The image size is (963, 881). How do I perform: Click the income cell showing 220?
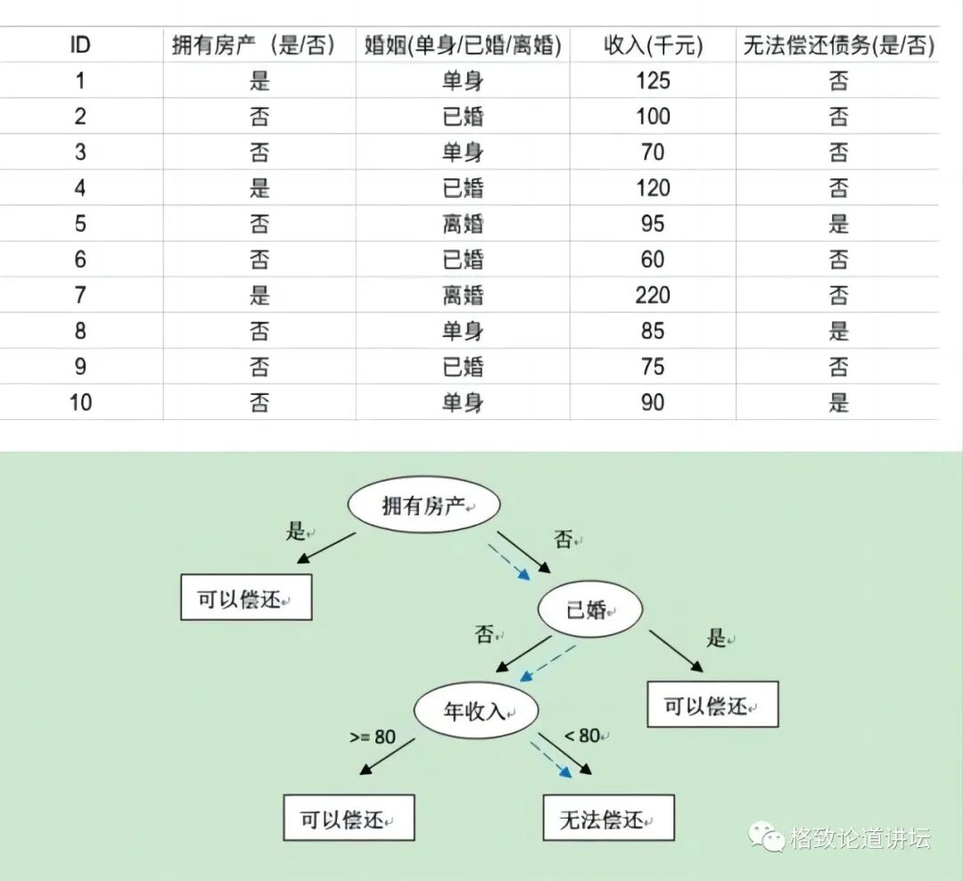[x=653, y=295]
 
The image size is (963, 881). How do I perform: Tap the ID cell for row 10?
[x=80, y=402]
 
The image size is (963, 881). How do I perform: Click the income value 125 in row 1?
[x=653, y=81]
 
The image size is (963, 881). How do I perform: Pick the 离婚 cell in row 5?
[x=463, y=224]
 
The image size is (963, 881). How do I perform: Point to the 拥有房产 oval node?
[x=424, y=506]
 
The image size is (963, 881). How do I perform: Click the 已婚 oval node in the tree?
[x=589, y=610]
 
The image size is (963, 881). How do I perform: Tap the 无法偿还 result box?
[x=608, y=818]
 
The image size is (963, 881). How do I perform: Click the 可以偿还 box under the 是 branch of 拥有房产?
[x=246, y=598]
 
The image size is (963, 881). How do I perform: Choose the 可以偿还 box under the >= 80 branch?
[x=349, y=818]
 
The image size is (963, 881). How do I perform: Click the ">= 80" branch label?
[x=372, y=737]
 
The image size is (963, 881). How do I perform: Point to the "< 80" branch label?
[x=584, y=736]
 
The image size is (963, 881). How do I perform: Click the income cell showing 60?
[x=653, y=259]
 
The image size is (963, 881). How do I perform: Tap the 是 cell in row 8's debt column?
[x=838, y=331]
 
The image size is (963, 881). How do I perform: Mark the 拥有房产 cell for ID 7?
[x=259, y=295]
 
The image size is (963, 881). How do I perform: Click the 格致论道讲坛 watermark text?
[x=860, y=838]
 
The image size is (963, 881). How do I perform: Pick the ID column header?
[x=80, y=45]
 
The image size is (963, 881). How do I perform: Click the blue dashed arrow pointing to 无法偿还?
[x=551, y=756]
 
